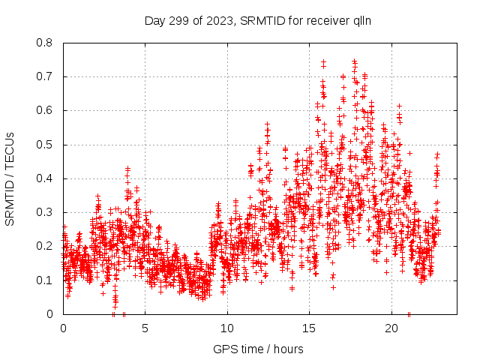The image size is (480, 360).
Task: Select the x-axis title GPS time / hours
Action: click(x=259, y=349)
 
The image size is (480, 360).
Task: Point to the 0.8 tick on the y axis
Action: click(x=46, y=43)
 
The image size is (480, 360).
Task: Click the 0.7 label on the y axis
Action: click(x=46, y=76)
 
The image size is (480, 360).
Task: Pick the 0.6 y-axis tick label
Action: click(x=46, y=110)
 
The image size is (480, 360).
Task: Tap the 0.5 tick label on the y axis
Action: click(x=46, y=145)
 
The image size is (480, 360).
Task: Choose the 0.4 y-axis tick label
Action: click(x=46, y=178)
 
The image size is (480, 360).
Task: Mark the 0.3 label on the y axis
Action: click(x=46, y=212)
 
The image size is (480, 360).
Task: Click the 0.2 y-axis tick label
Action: click(x=46, y=246)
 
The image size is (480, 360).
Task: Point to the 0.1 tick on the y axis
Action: click(x=46, y=280)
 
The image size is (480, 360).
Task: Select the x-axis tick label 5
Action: click(x=145, y=328)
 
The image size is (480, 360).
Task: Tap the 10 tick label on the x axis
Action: click(x=227, y=328)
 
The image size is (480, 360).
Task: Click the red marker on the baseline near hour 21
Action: click(x=409, y=313)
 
